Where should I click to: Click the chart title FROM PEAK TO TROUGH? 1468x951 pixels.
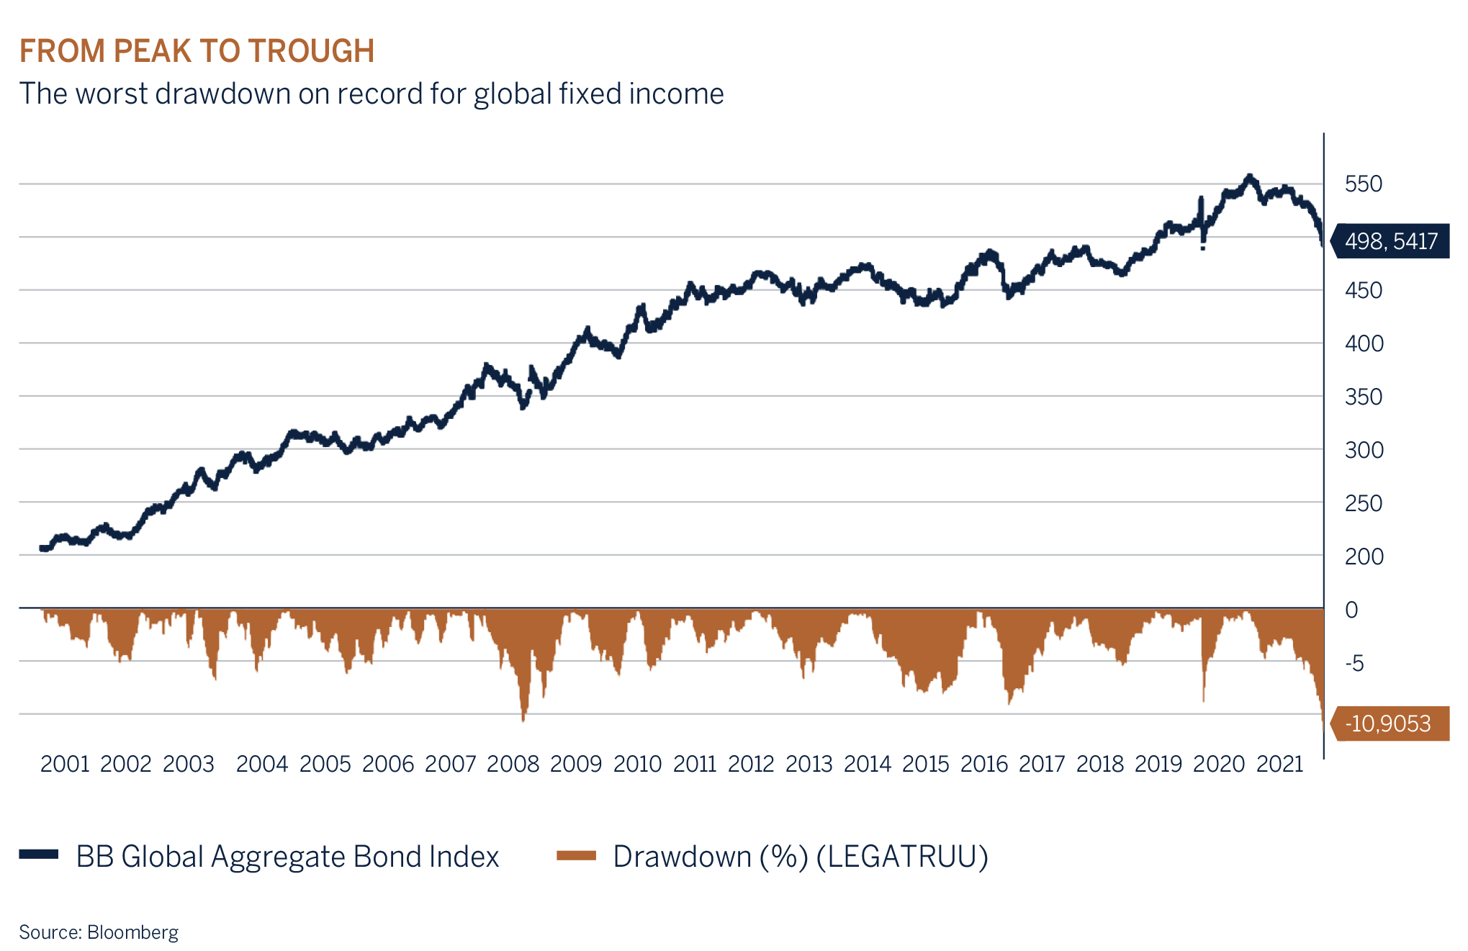tap(197, 51)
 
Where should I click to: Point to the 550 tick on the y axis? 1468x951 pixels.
tap(1363, 184)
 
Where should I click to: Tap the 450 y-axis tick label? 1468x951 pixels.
tap(1363, 290)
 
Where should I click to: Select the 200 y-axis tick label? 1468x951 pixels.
tap(1363, 556)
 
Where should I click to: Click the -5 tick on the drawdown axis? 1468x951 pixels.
tap(1354, 662)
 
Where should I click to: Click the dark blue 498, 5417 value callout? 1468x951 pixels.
tap(1390, 241)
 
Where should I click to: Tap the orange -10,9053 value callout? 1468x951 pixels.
tap(1389, 724)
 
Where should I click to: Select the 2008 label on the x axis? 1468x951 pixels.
tap(513, 764)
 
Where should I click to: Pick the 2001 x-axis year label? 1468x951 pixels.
tap(65, 764)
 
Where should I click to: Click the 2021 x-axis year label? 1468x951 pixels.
tap(1279, 764)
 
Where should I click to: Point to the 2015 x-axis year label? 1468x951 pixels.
tap(925, 764)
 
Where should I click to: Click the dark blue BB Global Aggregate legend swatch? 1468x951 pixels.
tap(39, 855)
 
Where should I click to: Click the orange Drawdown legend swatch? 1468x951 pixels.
tap(576, 855)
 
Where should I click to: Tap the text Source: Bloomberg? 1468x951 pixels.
tap(99, 932)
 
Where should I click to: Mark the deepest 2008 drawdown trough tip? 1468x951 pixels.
tap(523, 719)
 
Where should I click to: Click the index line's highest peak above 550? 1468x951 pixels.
tap(1249, 176)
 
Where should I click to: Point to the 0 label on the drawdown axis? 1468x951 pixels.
tap(1351, 610)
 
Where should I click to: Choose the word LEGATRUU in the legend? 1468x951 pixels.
tap(902, 856)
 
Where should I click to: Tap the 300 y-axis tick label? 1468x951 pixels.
tap(1363, 450)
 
